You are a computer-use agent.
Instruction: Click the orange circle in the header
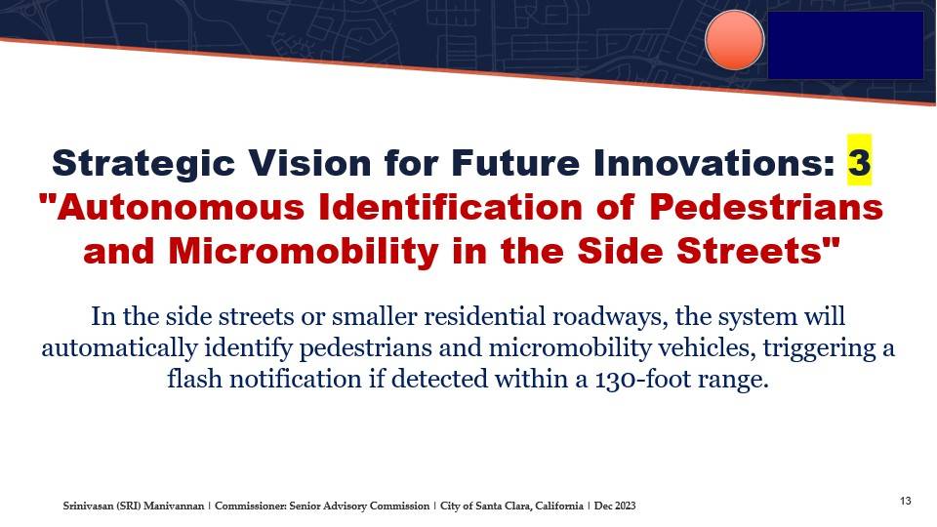(734, 40)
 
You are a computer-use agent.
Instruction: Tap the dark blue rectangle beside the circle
(845, 46)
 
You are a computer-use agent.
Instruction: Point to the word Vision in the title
(309, 163)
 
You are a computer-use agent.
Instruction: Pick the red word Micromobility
(304, 251)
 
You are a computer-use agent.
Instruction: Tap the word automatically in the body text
(119, 347)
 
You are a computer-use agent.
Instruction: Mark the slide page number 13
(906, 501)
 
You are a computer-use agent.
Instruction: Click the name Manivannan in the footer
(174, 507)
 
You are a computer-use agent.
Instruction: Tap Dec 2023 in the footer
(615, 507)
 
